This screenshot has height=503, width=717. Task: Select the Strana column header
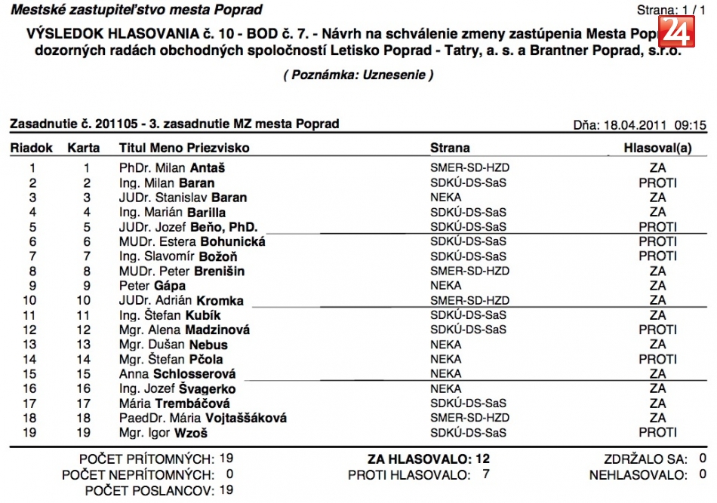pos(450,148)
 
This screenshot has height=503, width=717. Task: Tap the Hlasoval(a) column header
pos(657,148)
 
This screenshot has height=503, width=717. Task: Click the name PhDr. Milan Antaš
pos(172,168)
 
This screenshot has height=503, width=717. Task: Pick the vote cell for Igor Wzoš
pos(657,433)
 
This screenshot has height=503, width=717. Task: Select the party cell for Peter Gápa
pos(445,286)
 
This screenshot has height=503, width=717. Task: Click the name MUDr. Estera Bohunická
pos(192,242)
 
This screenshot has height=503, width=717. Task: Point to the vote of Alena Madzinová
pos(657,330)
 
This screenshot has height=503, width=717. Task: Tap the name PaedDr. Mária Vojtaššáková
pos(203,418)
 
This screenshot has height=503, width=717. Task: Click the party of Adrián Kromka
pos(465,301)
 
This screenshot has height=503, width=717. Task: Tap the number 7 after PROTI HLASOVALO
pos(486,474)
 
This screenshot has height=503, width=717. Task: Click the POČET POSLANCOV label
pos(149,490)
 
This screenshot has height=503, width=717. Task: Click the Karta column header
pos(83,148)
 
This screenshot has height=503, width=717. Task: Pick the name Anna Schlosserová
pos(177,374)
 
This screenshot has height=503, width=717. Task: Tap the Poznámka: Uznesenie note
pos(358,75)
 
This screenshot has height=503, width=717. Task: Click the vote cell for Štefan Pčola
pos(657,359)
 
